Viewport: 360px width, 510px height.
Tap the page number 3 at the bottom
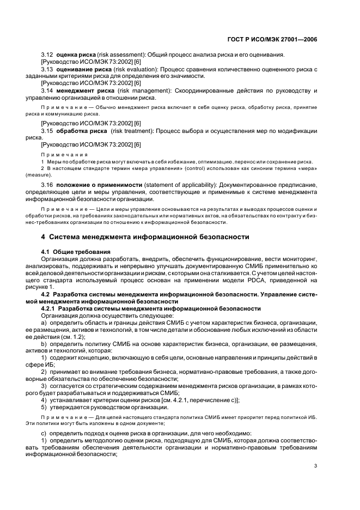[x=315, y=465]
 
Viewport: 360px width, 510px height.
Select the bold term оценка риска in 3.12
[x=77, y=56]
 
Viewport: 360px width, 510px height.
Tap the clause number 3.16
[x=47, y=186]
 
